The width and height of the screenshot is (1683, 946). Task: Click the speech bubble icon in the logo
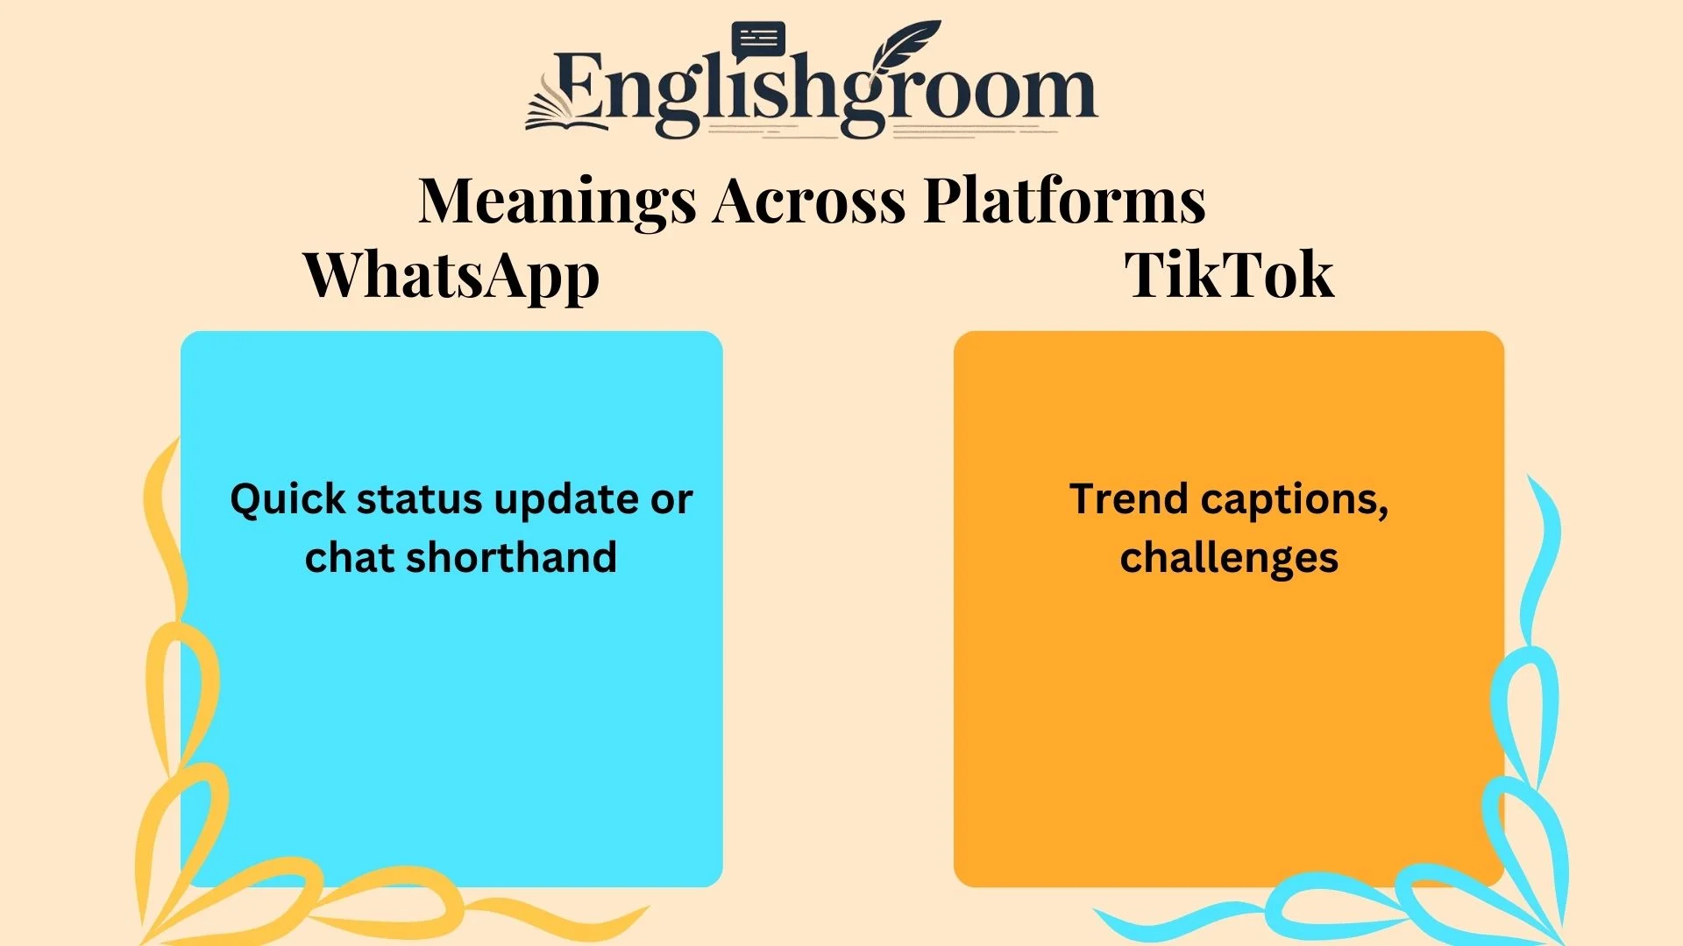(758, 40)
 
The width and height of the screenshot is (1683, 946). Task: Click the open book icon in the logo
(561, 109)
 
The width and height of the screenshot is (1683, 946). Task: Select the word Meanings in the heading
(557, 201)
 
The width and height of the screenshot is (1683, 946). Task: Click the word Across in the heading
(809, 201)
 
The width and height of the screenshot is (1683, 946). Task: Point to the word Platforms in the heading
(1064, 201)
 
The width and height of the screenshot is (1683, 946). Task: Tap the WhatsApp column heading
(451, 275)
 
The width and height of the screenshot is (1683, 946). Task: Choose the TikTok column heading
(1229, 275)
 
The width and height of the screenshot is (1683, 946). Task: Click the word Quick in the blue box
(288, 500)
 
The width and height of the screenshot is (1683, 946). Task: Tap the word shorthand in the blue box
(511, 558)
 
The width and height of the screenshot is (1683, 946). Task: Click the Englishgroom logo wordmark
(824, 92)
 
